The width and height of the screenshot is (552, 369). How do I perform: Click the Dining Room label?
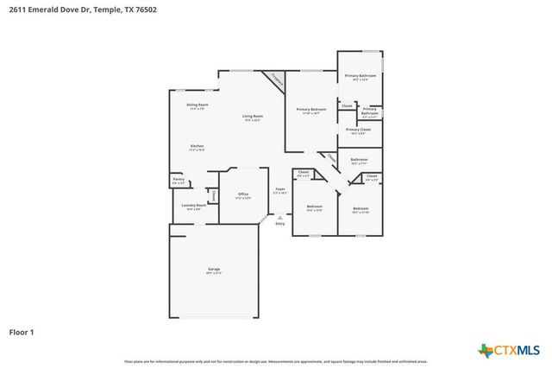pyautogui.click(x=197, y=105)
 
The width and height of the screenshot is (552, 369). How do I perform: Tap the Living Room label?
pyautogui.click(x=252, y=117)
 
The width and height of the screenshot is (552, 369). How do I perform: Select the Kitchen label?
pyautogui.click(x=197, y=147)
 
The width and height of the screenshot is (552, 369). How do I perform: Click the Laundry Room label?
pyautogui.click(x=192, y=206)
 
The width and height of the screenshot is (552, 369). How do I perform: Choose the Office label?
pyautogui.click(x=243, y=194)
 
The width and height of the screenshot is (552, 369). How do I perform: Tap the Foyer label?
pyautogui.click(x=279, y=189)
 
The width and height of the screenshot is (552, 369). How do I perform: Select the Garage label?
pyautogui.click(x=213, y=270)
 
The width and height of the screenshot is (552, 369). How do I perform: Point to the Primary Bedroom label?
pyautogui.click(x=310, y=110)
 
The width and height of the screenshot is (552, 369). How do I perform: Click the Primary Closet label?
pyautogui.click(x=359, y=130)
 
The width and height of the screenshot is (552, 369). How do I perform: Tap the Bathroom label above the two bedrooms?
pyautogui.click(x=360, y=160)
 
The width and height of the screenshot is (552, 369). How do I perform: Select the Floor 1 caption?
pyautogui.click(x=22, y=331)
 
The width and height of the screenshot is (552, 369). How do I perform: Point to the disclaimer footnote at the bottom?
pyautogui.click(x=276, y=361)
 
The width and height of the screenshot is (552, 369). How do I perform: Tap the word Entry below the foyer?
pyautogui.click(x=279, y=225)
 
